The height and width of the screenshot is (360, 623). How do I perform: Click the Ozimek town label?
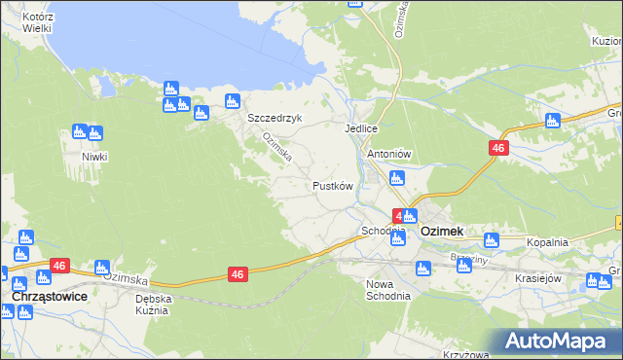click(x=441, y=232)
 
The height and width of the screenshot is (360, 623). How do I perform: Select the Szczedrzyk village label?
click(x=275, y=118)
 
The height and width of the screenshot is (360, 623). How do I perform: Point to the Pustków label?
click(x=331, y=185)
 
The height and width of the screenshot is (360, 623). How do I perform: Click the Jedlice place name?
click(x=360, y=128)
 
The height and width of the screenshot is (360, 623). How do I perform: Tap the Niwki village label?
click(x=94, y=157)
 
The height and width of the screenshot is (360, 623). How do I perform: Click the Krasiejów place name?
click(x=539, y=277)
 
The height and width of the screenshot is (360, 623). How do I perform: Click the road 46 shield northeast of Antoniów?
click(x=497, y=147)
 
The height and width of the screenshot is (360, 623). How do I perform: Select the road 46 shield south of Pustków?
click(x=238, y=275)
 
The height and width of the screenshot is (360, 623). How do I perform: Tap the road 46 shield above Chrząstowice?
click(x=59, y=265)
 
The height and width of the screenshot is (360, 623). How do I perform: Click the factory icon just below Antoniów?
click(x=396, y=178)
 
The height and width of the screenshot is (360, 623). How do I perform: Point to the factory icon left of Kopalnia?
click(x=491, y=239)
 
